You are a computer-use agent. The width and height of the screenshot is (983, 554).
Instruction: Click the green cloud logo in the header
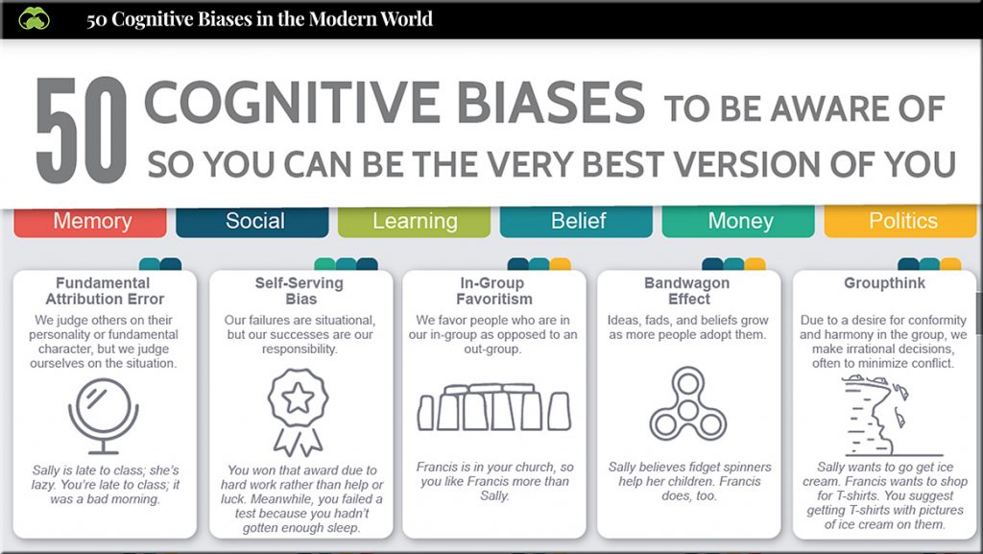tap(34, 19)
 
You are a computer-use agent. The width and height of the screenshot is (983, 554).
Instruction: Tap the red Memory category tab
tap(90, 221)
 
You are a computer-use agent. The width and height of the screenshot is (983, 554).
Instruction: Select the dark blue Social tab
tap(252, 221)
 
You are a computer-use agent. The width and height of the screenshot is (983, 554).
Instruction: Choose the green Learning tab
tap(415, 221)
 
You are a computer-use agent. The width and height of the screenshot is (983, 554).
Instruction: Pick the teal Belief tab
tap(576, 221)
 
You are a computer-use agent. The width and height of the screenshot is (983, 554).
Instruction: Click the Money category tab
tap(738, 221)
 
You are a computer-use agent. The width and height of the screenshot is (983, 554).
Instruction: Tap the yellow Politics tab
tap(900, 221)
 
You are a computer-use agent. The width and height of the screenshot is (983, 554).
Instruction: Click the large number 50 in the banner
tap(82, 131)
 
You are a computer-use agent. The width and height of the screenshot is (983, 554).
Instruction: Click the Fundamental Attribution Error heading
tap(104, 291)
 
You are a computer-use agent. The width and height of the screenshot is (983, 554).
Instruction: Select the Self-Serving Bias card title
tap(300, 291)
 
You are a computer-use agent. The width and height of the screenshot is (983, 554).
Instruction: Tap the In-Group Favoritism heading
tap(493, 291)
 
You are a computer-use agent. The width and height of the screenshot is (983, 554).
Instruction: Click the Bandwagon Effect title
tap(687, 291)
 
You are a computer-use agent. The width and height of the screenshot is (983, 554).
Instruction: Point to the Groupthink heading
tap(884, 283)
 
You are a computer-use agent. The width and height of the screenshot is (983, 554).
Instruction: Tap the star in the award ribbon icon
tap(299, 397)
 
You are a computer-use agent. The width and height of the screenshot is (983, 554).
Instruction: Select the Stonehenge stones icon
tap(494, 407)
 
